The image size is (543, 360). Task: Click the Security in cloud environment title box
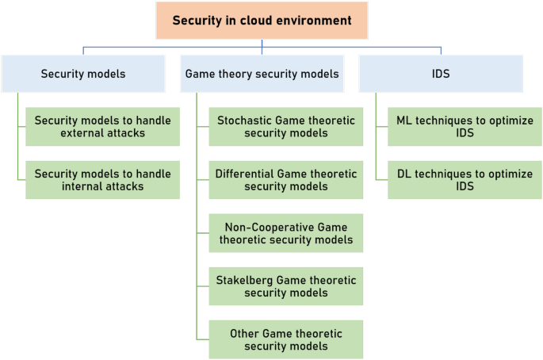tap(262, 21)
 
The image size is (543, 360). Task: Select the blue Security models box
tap(83, 74)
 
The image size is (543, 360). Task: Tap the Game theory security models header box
tap(262, 74)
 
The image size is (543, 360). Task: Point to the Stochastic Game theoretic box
tap(286, 127)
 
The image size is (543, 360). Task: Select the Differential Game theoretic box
tap(286, 180)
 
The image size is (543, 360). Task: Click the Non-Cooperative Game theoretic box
tap(286, 233)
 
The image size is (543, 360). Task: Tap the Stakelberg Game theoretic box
tap(286, 286)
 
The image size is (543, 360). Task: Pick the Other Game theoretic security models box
tap(286, 339)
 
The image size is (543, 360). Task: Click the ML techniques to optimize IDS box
tap(465, 127)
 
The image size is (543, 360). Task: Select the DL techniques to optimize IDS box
tap(465, 180)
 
